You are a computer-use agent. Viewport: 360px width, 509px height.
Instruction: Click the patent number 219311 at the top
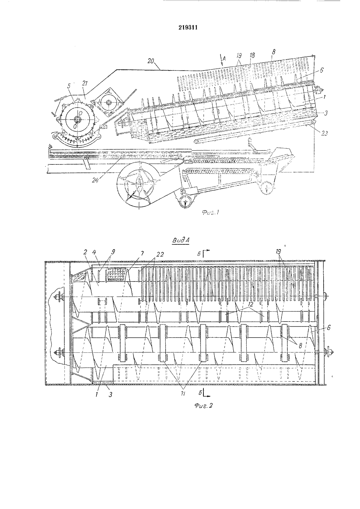click(x=188, y=27)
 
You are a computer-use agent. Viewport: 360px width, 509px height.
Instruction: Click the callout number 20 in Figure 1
click(x=151, y=61)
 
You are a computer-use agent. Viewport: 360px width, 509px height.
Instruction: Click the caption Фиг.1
click(x=210, y=212)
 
